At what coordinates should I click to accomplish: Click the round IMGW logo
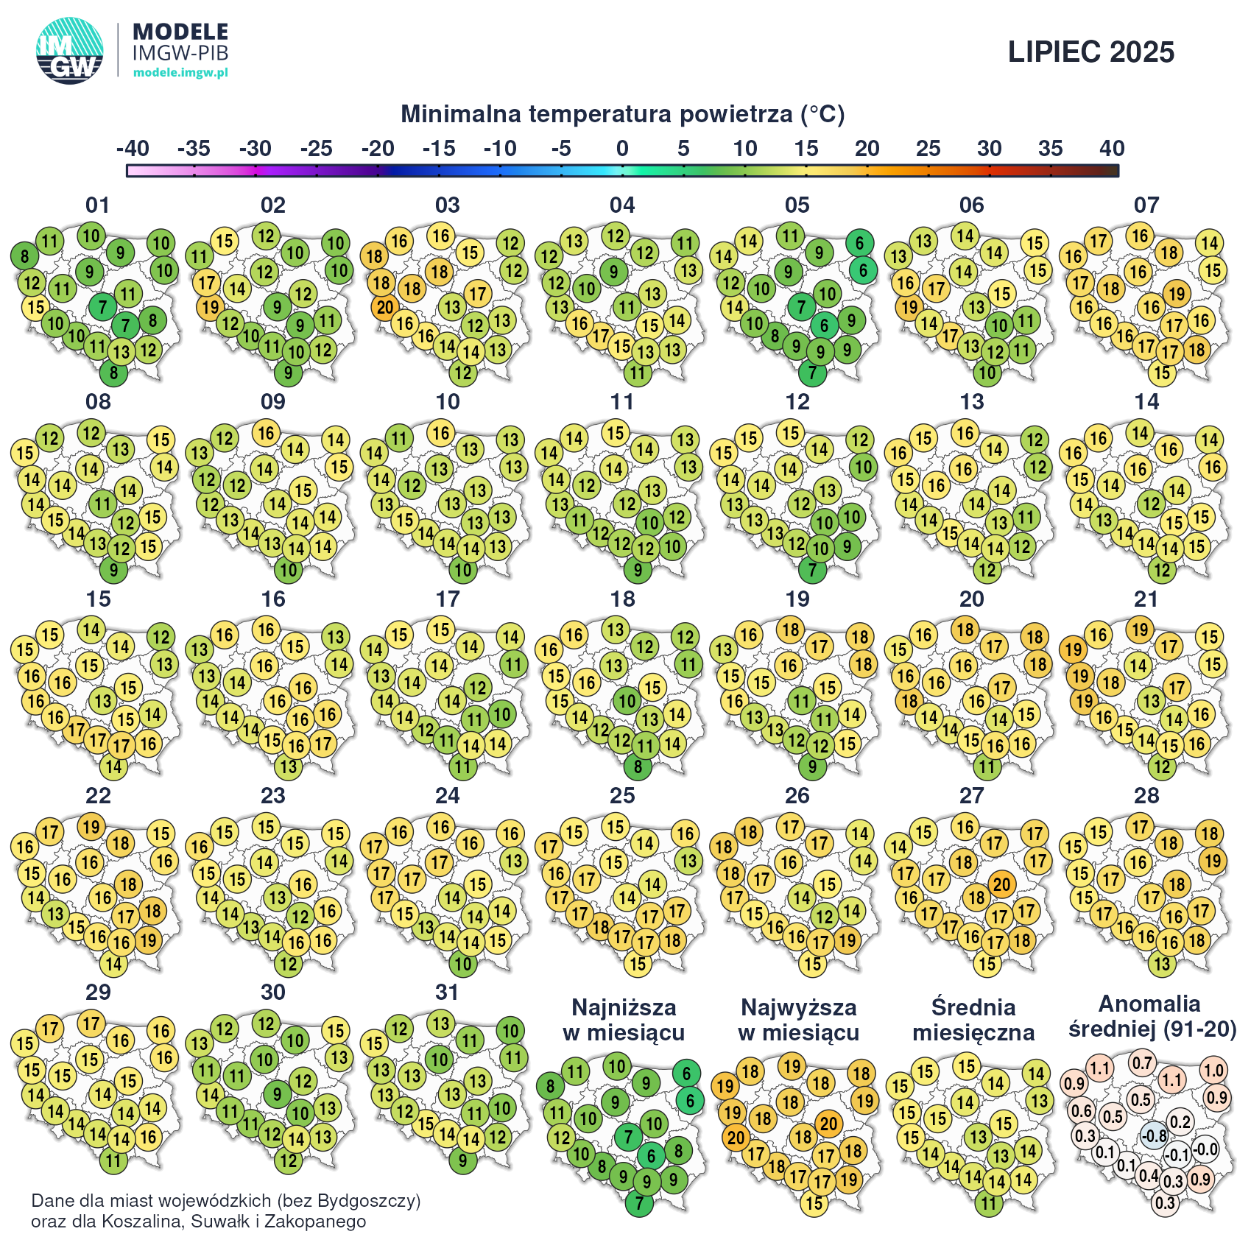(x=70, y=51)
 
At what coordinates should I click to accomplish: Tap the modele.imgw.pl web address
(x=180, y=72)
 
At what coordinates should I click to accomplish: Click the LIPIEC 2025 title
(x=1090, y=52)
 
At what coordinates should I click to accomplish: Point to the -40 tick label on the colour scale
(x=133, y=149)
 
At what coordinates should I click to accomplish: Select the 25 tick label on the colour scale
(x=928, y=149)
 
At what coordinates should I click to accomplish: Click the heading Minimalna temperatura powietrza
(x=622, y=114)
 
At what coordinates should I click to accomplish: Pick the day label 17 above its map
(x=447, y=599)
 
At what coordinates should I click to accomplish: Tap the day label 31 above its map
(x=447, y=993)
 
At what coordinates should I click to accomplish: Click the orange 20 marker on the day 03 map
(x=384, y=307)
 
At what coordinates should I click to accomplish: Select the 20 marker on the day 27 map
(x=1001, y=884)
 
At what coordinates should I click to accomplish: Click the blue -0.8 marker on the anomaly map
(x=1154, y=1135)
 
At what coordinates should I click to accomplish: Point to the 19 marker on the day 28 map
(x=1212, y=861)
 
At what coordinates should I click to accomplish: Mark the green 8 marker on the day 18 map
(x=638, y=767)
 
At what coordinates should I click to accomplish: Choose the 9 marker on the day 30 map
(x=277, y=1094)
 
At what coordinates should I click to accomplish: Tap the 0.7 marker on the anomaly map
(x=1142, y=1063)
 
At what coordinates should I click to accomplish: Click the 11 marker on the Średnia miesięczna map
(x=988, y=1204)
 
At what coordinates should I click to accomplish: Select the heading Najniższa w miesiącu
(x=624, y=1020)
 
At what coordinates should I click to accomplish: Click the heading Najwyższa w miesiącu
(x=798, y=1020)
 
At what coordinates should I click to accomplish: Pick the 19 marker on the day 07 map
(x=1177, y=294)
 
